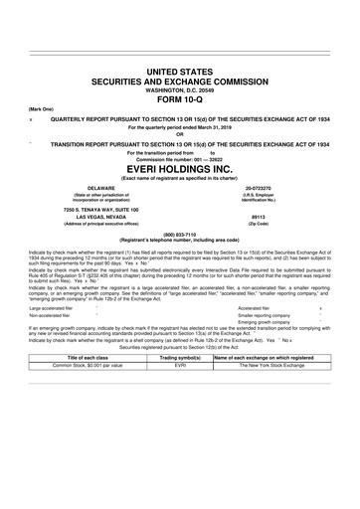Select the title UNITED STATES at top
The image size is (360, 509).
click(x=180, y=73)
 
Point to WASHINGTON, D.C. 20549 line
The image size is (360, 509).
click(x=180, y=90)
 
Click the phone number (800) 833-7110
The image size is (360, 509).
click(x=180, y=234)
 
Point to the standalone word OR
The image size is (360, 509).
click(x=180, y=135)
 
